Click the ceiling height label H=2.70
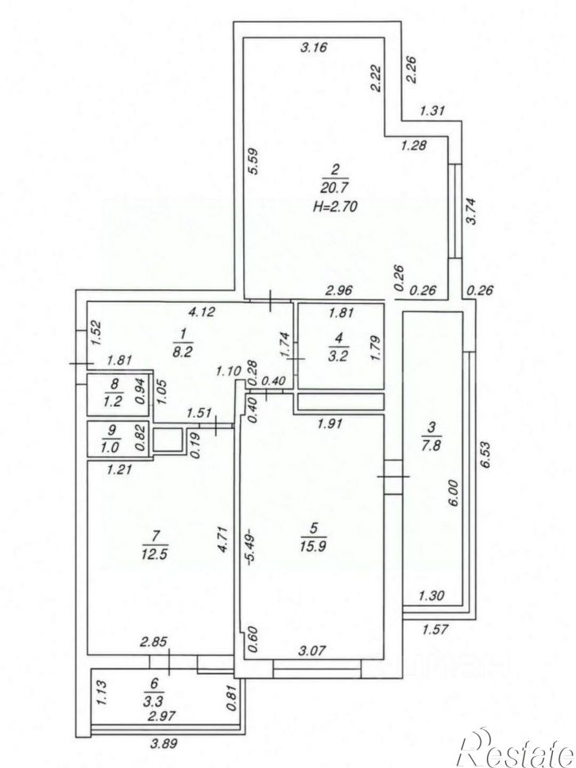[x=335, y=206]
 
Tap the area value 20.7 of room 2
[x=335, y=187]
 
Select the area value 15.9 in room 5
[x=314, y=545]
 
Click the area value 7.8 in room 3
[x=431, y=446]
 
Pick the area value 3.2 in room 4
[x=339, y=355]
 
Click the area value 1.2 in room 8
[x=113, y=402]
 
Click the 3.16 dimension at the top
[x=314, y=48]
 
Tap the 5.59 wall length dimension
[x=254, y=161]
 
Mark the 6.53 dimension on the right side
[x=485, y=455]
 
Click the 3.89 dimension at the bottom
[x=163, y=743]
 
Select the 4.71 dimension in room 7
[x=223, y=539]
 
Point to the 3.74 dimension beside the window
[x=471, y=211]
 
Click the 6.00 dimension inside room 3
[x=453, y=492]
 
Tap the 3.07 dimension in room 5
[x=312, y=651]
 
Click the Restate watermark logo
[x=514, y=750]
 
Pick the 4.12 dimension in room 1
[x=202, y=311]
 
